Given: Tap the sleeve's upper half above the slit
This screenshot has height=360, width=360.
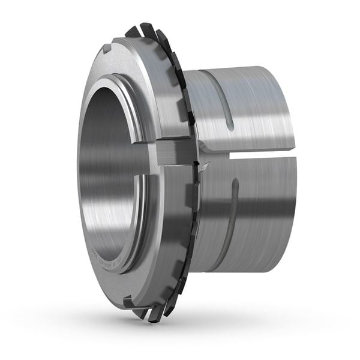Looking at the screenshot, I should pos(252,108).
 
